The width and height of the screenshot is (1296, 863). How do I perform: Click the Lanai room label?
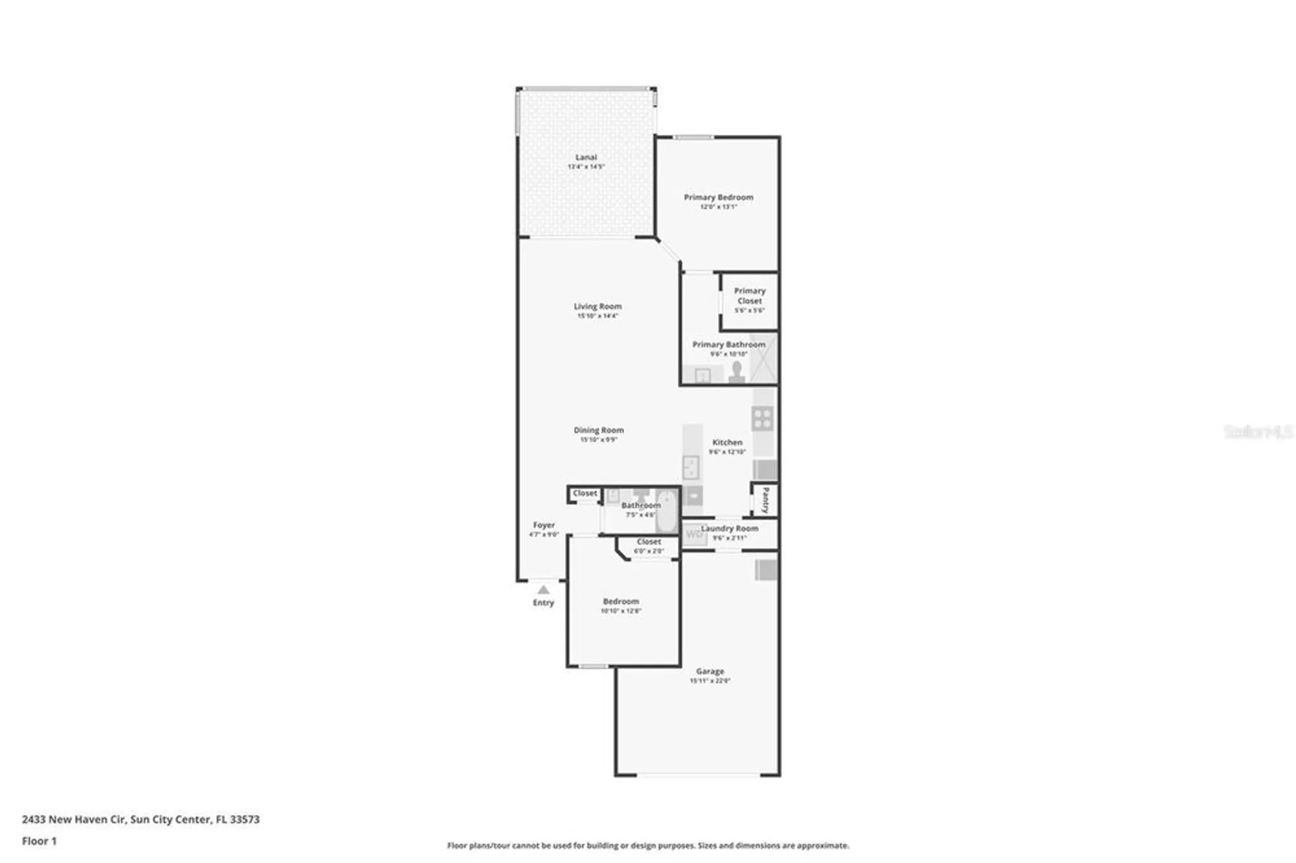pyautogui.click(x=586, y=157)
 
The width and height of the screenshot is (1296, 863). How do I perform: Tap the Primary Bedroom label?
pyautogui.click(x=718, y=198)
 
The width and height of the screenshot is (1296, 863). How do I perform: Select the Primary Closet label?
pyautogui.click(x=749, y=296)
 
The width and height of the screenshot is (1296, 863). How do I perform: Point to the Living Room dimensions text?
pyautogui.click(x=597, y=316)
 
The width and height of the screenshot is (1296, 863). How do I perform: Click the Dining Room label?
pyautogui.click(x=598, y=430)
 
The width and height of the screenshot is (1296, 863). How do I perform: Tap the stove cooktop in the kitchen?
pyautogui.click(x=762, y=419)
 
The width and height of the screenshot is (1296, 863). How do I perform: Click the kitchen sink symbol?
pyautogui.click(x=691, y=466)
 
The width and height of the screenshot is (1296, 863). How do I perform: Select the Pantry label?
pyautogui.click(x=765, y=500)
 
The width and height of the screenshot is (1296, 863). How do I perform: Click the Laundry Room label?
pyautogui.click(x=729, y=529)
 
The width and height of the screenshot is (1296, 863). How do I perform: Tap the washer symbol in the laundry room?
pyautogui.click(x=694, y=535)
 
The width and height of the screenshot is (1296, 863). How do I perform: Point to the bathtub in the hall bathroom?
pyautogui.click(x=667, y=510)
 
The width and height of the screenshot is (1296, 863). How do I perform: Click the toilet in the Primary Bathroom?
pyautogui.click(x=736, y=372)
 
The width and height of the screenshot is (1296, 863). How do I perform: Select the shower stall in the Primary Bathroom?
pyautogui.click(x=763, y=358)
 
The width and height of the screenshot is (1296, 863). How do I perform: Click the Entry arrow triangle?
pyautogui.click(x=543, y=590)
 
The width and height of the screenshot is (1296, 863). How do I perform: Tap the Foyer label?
pyautogui.click(x=544, y=525)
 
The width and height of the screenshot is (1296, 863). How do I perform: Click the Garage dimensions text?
pyautogui.click(x=710, y=681)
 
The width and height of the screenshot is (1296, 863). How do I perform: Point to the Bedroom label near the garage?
pyautogui.click(x=620, y=602)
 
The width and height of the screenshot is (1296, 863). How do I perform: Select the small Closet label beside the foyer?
pyautogui.click(x=584, y=494)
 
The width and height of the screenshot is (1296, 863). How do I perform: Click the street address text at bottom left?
pyautogui.click(x=141, y=820)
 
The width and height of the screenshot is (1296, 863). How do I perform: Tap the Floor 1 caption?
pyautogui.click(x=39, y=841)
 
